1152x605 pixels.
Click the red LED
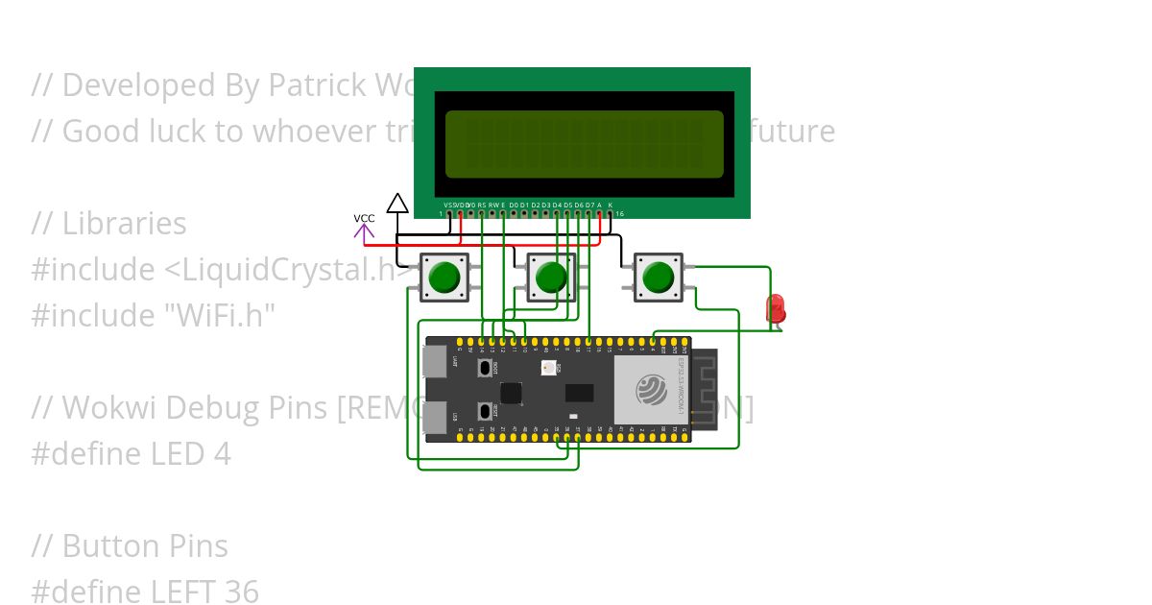(775, 309)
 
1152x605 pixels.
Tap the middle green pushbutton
(551, 278)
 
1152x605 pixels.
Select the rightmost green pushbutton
(659, 278)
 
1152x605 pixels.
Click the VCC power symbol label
(364, 219)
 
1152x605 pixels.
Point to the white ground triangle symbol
(397, 203)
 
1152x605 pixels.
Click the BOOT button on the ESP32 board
(485, 369)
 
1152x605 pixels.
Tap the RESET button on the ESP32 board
(485, 411)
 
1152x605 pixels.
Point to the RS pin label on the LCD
(482, 205)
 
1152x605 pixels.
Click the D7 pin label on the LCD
(589, 205)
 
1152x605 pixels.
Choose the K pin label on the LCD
(611, 205)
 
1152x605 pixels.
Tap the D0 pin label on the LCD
(514, 205)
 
